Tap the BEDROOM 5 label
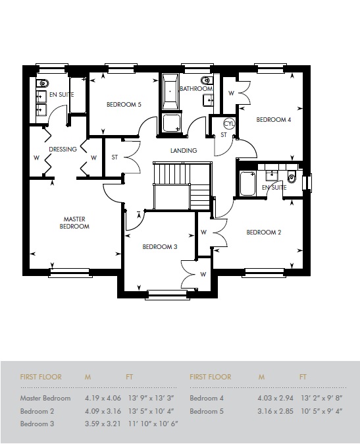(x=124, y=104)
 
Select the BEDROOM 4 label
(x=273, y=120)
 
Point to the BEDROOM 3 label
(x=161, y=247)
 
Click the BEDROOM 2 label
(x=264, y=232)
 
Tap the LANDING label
(x=184, y=151)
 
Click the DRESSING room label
(x=63, y=149)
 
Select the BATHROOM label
(x=196, y=89)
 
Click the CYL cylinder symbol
(x=229, y=123)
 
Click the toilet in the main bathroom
(x=207, y=81)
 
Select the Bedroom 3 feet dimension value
(x=152, y=424)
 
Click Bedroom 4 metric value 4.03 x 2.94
(x=275, y=399)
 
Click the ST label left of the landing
(x=115, y=157)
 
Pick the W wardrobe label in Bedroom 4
(x=231, y=93)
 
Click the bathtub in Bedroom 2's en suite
(x=248, y=184)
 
